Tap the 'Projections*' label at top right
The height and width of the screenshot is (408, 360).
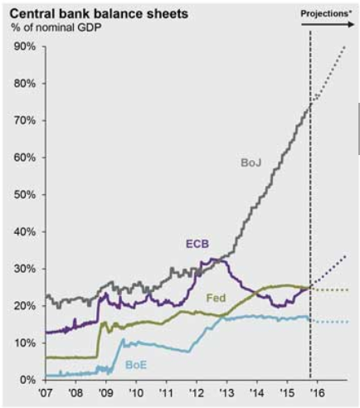pos(326,14)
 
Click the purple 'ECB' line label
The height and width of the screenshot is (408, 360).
pos(197,244)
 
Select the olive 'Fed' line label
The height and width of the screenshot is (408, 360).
pos(216,296)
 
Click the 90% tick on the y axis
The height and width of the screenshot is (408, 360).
pos(24,46)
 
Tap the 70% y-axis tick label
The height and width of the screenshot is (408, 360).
pos(24,120)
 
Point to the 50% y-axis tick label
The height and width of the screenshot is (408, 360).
pos(24,195)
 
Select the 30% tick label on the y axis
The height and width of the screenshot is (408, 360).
pos(24,269)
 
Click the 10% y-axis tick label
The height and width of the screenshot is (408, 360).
pos(24,342)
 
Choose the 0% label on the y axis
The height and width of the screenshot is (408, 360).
pos(27,380)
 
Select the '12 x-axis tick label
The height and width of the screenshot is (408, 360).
pos(195,393)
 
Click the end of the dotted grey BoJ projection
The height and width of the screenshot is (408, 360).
pos(346,46)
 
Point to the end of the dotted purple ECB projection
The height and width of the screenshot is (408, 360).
pos(346,255)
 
